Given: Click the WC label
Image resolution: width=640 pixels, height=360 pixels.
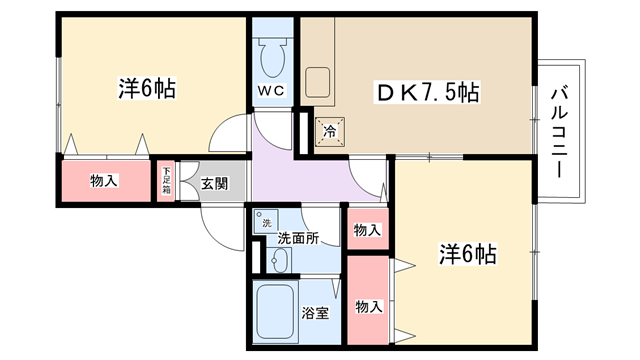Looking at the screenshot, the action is pyautogui.click(x=271, y=91).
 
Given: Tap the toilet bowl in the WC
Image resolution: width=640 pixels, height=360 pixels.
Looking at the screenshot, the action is pyautogui.click(x=273, y=58).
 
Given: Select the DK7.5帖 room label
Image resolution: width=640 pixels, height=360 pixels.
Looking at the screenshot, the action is pyautogui.click(x=427, y=93).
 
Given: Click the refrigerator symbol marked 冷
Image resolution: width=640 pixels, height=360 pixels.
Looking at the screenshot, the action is pyautogui.click(x=330, y=131).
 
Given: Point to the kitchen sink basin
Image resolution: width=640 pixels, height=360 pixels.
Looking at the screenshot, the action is pyautogui.click(x=318, y=82).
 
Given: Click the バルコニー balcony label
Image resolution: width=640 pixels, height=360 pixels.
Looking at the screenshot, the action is pyautogui.click(x=559, y=132).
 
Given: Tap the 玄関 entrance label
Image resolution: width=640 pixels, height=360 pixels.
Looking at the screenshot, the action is pyautogui.click(x=214, y=184).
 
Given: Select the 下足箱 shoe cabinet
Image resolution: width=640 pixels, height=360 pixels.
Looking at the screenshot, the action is pyautogui.click(x=166, y=181).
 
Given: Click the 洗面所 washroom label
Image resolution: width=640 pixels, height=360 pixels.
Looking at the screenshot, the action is pyautogui.click(x=298, y=238).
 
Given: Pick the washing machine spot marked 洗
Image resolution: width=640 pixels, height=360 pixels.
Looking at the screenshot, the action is pyautogui.click(x=266, y=221).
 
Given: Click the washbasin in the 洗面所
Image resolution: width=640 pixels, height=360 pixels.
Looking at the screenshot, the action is pyautogui.click(x=279, y=260).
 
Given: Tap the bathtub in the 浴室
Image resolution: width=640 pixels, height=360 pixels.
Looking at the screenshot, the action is pyautogui.click(x=275, y=312).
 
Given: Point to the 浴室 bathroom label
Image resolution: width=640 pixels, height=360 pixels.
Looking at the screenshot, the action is pyautogui.click(x=315, y=313).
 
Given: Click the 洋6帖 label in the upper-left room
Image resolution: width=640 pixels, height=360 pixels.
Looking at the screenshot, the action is pyautogui.click(x=147, y=88).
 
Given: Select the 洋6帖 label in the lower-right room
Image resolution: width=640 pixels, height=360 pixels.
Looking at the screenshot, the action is pyautogui.click(x=468, y=253).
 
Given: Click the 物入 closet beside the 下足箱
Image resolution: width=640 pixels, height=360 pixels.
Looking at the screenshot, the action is pyautogui.click(x=106, y=181).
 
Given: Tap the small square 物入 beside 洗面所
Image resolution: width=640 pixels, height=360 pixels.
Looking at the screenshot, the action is pyautogui.click(x=367, y=229).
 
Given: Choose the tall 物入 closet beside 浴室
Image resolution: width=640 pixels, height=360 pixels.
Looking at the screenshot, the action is pyautogui.click(x=368, y=300).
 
